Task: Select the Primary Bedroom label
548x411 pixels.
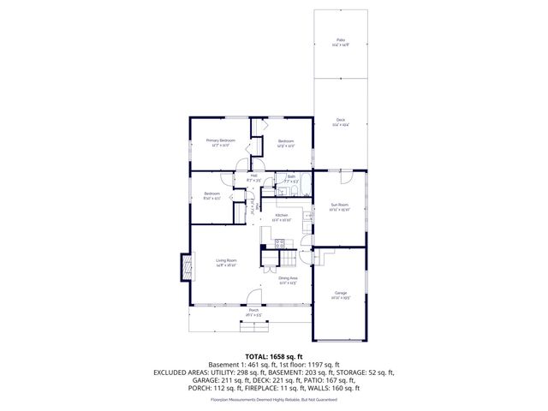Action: [x=220, y=140]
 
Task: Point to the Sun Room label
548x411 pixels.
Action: [x=340, y=205]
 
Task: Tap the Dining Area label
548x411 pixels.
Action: [x=288, y=279]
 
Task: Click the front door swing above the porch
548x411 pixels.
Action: [x=253, y=298]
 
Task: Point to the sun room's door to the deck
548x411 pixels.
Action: [x=345, y=176]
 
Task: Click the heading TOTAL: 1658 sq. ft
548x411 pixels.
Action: [x=274, y=356]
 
